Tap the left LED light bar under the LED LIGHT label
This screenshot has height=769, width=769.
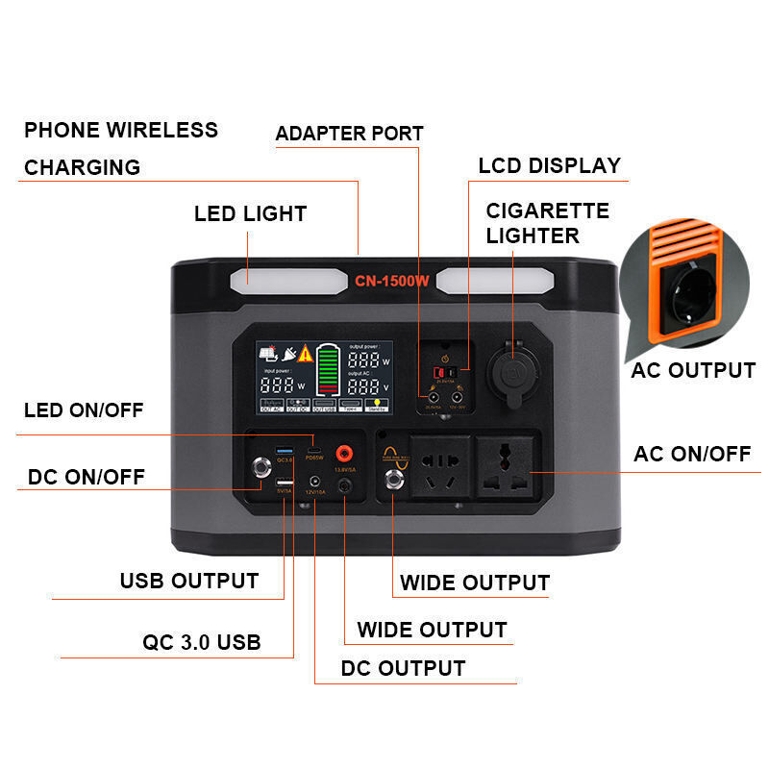pyautogui.click(x=285, y=282)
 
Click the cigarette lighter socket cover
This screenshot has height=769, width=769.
pyautogui.click(x=511, y=370)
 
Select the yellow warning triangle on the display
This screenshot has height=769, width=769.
pyautogui.click(x=306, y=354)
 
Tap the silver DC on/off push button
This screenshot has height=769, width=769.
pyautogui.click(x=259, y=468)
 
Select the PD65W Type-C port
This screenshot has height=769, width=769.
pyautogui.click(x=313, y=449)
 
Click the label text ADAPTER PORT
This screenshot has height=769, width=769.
pyautogui.click(x=349, y=134)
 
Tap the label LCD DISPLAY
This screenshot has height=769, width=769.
pyautogui.click(x=550, y=165)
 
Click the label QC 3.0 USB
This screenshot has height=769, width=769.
pyautogui.click(x=201, y=642)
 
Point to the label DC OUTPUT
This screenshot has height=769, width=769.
pyautogui.click(x=403, y=668)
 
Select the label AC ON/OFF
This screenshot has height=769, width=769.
pyautogui.click(x=691, y=454)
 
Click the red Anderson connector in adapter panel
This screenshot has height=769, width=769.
pyautogui.click(x=445, y=373)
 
